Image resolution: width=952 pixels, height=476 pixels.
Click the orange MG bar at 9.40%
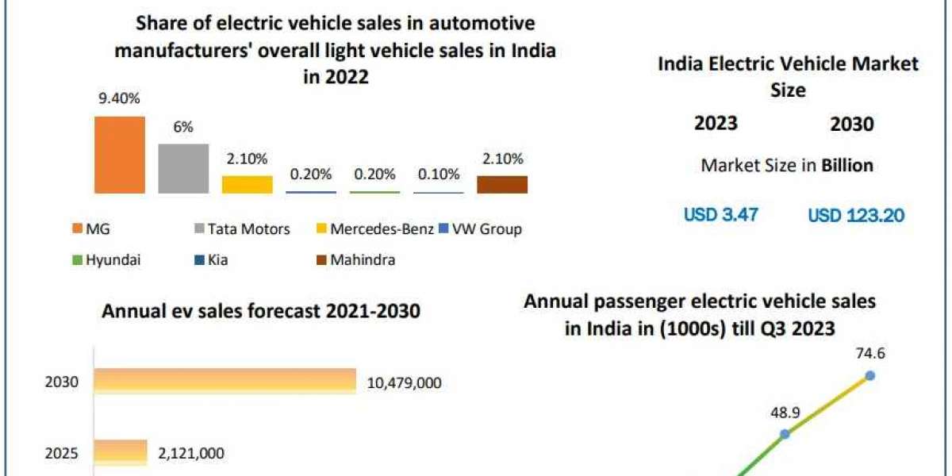pos(120,155)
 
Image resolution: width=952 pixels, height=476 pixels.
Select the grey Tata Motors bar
pos(183,168)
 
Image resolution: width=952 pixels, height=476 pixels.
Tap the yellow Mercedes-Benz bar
pos(247,185)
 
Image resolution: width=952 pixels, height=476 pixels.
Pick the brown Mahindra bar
pos(501,185)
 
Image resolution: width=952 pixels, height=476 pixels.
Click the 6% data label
pos(183,127)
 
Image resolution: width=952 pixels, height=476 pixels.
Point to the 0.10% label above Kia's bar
pos(438,174)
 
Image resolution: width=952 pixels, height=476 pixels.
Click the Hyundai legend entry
pos(112,259)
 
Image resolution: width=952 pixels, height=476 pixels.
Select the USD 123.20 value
pos(855,214)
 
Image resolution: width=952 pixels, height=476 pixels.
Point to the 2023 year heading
pos(716,123)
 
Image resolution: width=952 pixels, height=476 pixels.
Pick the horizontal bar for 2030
pos(225,382)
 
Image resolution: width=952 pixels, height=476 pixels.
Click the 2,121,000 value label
pos(190,454)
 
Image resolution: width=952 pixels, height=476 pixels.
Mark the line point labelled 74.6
pos(869,375)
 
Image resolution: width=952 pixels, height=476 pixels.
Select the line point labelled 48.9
pos(785,434)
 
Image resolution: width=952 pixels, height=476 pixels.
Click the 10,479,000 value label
pos(404,383)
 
